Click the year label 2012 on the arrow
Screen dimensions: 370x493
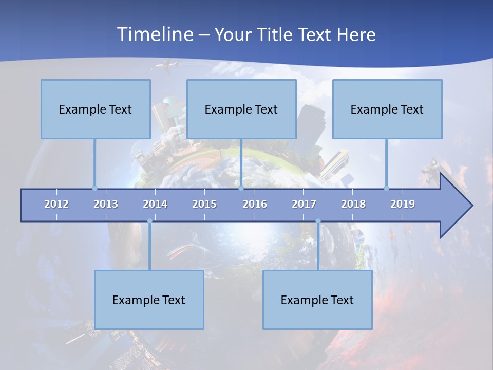point(56,204)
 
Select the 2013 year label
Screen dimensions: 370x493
point(106,204)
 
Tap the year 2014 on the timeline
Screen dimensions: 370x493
point(155,204)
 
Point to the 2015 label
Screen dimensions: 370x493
point(204,204)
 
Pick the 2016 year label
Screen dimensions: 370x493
point(255,204)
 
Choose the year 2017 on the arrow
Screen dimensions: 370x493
point(304,204)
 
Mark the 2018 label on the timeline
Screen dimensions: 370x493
point(353,204)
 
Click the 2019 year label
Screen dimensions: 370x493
point(403,204)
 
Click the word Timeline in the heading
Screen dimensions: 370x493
point(154,34)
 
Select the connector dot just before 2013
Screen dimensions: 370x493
point(94,188)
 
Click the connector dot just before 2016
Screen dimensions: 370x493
point(241,188)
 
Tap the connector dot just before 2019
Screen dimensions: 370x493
point(386,188)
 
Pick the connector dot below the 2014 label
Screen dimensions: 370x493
point(149,221)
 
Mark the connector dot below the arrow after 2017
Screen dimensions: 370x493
point(318,221)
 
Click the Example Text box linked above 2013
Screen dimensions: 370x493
point(96,109)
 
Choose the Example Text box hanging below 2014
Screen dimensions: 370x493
point(149,300)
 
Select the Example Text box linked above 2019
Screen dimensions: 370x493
point(387,109)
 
